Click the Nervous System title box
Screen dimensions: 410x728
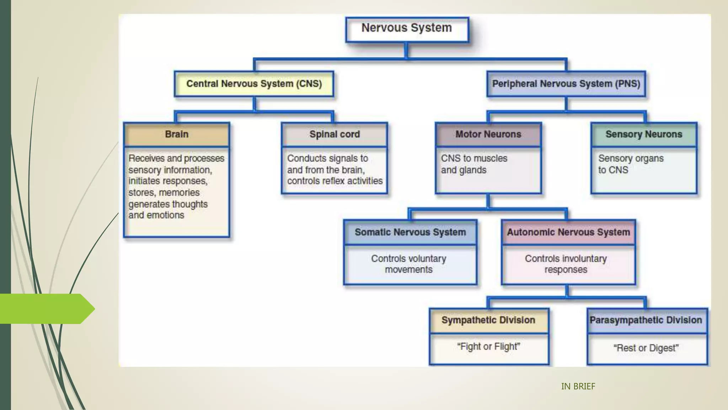click(407, 28)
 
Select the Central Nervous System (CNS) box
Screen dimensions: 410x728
click(254, 84)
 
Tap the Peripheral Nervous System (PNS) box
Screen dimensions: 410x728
click(566, 84)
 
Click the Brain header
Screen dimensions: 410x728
click(177, 135)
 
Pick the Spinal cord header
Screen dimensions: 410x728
click(334, 135)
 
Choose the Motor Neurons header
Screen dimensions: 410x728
click(488, 135)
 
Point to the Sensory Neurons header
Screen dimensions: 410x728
click(644, 135)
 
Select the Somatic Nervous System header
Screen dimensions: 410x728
click(410, 232)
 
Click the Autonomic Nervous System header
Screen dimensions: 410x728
click(568, 232)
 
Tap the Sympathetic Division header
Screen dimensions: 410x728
click(488, 320)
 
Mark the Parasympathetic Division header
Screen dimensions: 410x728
click(646, 320)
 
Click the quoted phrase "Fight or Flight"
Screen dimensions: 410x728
click(488, 347)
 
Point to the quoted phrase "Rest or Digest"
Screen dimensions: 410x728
click(646, 348)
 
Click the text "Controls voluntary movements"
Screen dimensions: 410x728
click(409, 264)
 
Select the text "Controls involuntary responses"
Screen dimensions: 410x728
click(566, 264)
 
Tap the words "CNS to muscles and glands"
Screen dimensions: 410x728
click(474, 164)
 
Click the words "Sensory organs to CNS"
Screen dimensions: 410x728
click(630, 164)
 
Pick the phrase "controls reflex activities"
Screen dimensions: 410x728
click(335, 181)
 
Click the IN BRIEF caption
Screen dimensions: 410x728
click(578, 387)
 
